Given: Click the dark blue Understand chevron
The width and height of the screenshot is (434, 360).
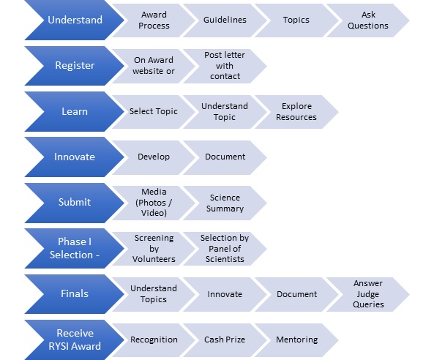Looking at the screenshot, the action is point(75,20).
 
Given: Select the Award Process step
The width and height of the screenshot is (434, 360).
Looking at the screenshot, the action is point(154,20).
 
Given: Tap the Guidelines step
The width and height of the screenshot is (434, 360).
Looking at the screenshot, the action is point(225,20).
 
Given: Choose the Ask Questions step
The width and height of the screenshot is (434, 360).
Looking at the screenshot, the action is point(368,20).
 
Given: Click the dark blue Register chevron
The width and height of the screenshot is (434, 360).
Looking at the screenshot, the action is point(75,66).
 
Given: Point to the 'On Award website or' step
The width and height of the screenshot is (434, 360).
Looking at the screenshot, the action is point(154,66).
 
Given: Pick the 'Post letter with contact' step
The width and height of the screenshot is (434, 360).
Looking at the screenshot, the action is point(225,66).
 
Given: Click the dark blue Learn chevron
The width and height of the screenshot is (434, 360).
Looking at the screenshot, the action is point(75,111).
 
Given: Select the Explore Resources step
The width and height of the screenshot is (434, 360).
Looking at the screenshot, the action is point(296,112).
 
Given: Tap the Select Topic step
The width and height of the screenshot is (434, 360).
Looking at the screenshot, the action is point(154,112).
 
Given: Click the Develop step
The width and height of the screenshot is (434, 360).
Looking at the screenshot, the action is point(154,157).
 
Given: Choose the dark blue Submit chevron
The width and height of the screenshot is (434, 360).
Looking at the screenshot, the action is point(75,203).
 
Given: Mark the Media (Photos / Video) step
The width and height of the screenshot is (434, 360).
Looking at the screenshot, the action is point(154,203).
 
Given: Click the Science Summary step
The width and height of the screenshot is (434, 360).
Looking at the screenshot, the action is point(225,203).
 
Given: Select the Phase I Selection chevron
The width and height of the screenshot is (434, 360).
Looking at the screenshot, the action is point(75,248).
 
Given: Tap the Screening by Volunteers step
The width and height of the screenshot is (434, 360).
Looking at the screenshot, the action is point(154,249).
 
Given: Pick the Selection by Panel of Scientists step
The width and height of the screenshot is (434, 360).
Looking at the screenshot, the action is point(225,249).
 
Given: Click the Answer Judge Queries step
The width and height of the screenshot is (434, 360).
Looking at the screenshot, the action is point(368,294).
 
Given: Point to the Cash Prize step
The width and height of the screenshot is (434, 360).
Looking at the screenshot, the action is point(225,340).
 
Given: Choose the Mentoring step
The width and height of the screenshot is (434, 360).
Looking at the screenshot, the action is point(296,340).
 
